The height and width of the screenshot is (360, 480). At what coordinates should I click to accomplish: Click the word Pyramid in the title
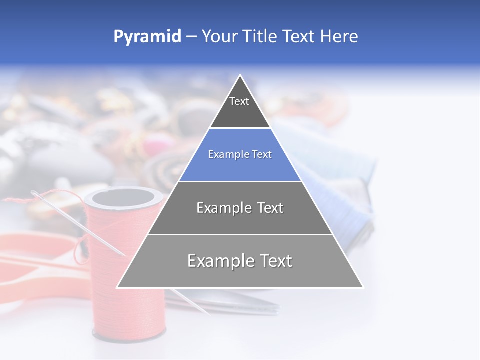147,36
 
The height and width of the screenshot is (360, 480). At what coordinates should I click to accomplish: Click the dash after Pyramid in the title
191,37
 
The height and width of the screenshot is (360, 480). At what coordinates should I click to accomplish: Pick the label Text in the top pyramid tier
239,101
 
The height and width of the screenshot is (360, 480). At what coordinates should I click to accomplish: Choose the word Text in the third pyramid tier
270,208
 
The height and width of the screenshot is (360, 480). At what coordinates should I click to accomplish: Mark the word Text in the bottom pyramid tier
276,261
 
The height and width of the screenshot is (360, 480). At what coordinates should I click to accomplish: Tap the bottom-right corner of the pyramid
362,287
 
